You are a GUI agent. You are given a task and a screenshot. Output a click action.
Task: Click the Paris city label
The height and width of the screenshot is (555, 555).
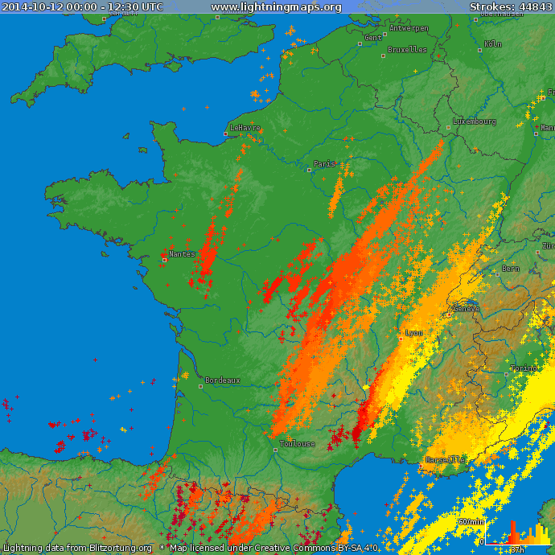[x=324, y=164]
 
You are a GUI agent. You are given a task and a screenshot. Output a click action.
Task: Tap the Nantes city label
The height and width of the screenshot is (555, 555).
[x=182, y=254]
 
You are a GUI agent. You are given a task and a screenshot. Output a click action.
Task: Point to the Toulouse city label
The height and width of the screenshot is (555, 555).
[x=297, y=444]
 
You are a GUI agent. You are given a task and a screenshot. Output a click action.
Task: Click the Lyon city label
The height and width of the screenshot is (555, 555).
[x=414, y=332]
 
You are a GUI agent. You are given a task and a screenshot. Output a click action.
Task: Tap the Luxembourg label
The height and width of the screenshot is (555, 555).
[x=474, y=121]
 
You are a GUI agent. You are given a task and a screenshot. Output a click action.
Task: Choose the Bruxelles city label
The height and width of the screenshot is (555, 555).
[x=407, y=49]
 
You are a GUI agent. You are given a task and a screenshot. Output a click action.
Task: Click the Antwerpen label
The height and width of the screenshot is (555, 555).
[x=409, y=28]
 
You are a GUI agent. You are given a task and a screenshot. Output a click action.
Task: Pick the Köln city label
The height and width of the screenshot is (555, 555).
[x=493, y=44]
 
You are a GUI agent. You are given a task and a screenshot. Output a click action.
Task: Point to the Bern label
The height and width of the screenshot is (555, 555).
[x=510, y=269]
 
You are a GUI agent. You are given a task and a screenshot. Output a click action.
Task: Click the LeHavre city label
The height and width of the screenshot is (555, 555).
[x=245, y=128]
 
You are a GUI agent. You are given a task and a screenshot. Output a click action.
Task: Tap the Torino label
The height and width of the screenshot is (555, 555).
[x=524, y=368]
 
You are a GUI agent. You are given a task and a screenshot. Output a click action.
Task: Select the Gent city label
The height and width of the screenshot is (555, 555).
[x=373, y=38]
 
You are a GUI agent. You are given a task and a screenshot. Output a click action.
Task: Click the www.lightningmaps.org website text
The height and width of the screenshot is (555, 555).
[x=276, y=7]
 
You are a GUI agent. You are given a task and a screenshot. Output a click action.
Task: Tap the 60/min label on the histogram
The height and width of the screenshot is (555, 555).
[x=471, y=522]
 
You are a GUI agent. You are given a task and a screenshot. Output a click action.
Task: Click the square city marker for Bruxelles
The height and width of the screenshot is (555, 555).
[x=381, y=56]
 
